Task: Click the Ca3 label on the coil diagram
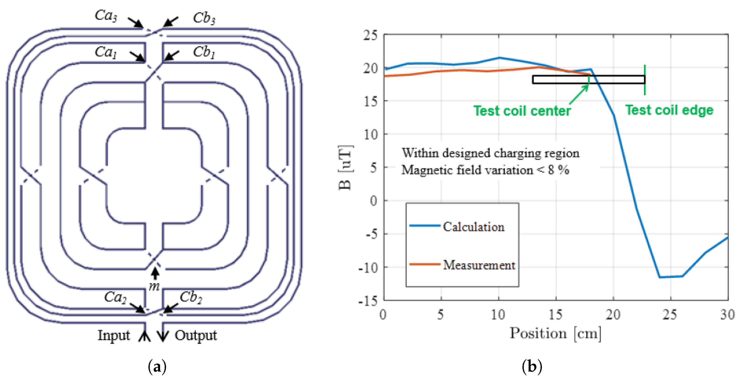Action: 106,16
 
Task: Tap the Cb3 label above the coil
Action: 204,18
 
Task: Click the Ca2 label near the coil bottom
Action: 115,297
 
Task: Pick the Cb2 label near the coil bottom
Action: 191,297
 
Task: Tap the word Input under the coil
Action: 114,335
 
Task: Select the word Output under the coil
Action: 196,335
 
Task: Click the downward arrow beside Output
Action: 163,335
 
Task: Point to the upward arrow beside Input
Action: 144,335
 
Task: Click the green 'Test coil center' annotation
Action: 522,111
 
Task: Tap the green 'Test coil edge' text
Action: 669,110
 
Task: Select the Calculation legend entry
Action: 473,227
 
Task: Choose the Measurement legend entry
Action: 479,265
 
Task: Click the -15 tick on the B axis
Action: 368,301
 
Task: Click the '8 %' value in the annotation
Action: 558,170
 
